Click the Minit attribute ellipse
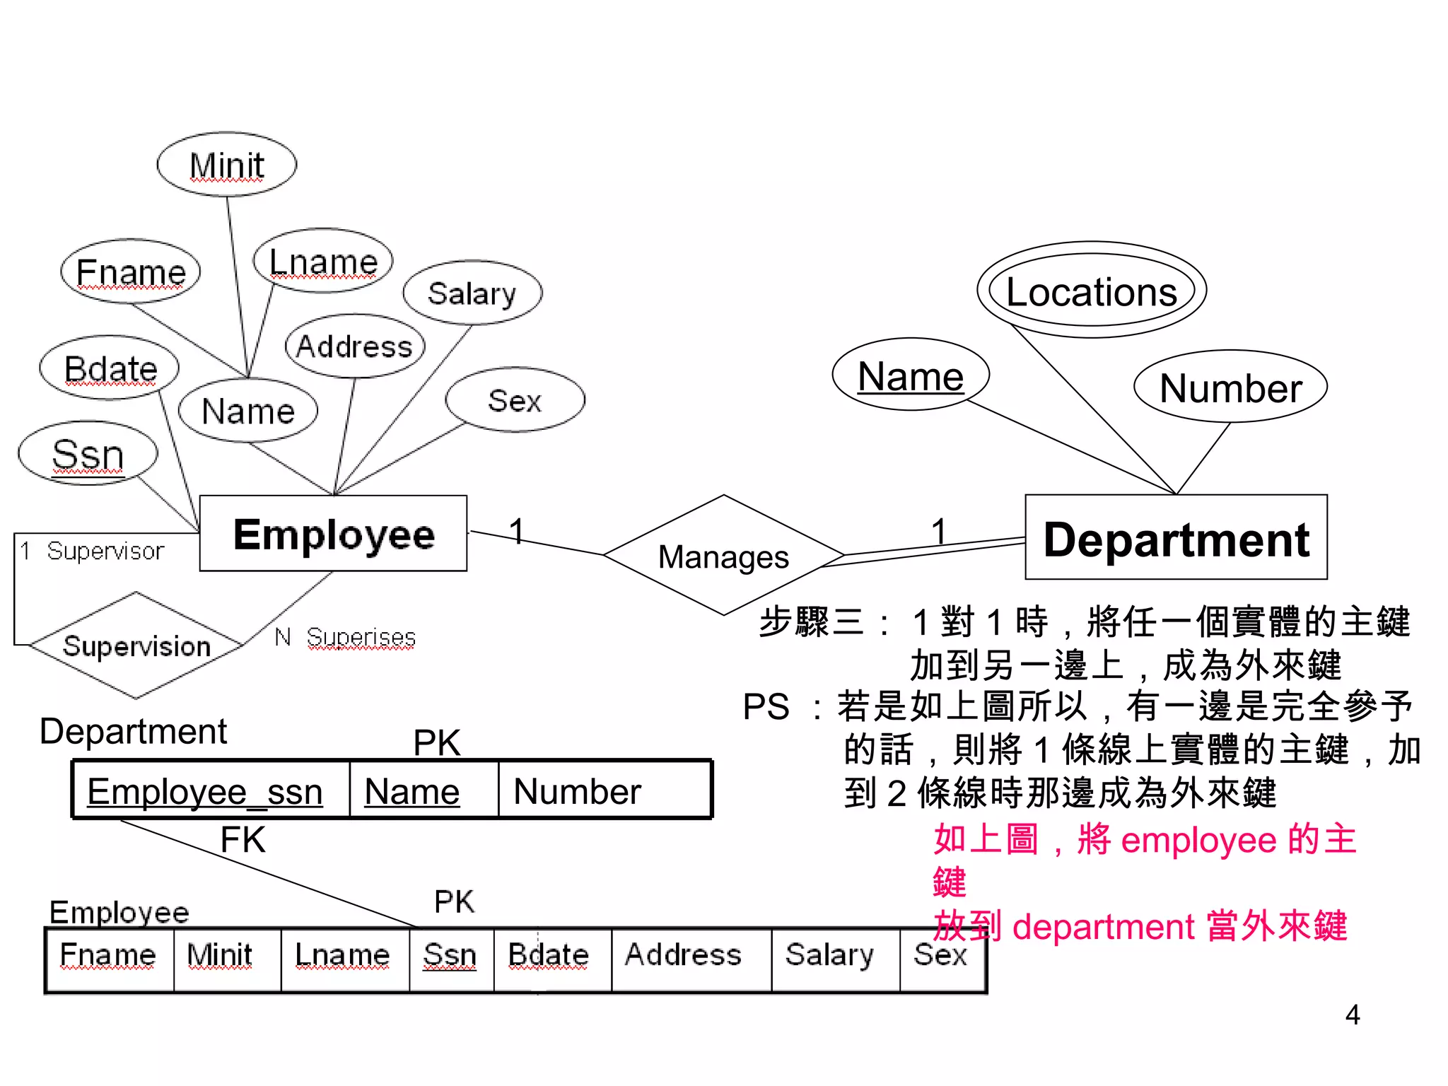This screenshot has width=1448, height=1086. pyautogui.click(x=226, y=165)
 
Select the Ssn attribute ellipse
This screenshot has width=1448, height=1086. pyautogui.click(x=88, y=454)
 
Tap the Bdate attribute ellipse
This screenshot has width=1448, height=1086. pyautogui.click(x=110, y=368)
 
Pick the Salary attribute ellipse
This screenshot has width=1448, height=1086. pyautogui.click(x=472, y=293)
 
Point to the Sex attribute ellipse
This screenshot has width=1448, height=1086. pyautogui.click(x=515, y=400)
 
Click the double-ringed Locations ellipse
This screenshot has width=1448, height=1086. pyautogui.click(x=1092, y=291)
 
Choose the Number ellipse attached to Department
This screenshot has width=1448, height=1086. pyautogui.click(x=1230, y=387)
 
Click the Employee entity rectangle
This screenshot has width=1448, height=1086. pyautogui.click(x=333, y=534)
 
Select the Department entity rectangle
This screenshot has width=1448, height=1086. pyautogui.click(x=1176, y=538)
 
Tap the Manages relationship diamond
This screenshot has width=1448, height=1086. pyautogui.click(x=723, y=556)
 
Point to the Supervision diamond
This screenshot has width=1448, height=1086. pyautogui.click(x=136, y=646)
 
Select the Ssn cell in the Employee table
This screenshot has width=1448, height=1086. pyautogui.click(x=450, y=955)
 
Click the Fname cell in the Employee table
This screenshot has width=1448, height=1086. pyautogui.click(x=109, y=955)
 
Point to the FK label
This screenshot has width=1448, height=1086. pyautogui.click(x=243, y=841)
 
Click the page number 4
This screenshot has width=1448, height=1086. pyautogui.click(x=1353, y=1015)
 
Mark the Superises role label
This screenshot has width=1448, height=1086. pyautogui.click(x=361, y=637)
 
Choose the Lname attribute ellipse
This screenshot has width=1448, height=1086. pyautogui.click(x=324, y=262)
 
